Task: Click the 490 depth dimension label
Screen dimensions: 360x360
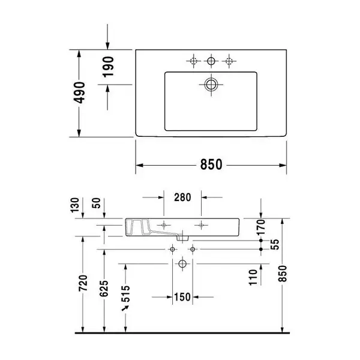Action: (79, 92)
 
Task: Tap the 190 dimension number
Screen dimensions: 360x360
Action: (108, 67)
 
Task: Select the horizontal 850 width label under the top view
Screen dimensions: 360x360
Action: (211, 164)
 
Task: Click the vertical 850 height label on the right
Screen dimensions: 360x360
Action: (283, 274)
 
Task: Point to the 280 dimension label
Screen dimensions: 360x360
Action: (182, 197)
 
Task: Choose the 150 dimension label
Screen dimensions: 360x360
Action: (182, 297)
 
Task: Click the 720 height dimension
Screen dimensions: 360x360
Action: (83, 283)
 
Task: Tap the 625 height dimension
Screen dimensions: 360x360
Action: (104, 289)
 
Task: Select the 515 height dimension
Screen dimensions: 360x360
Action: (125, 293)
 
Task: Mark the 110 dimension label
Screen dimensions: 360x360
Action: (253, 278)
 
